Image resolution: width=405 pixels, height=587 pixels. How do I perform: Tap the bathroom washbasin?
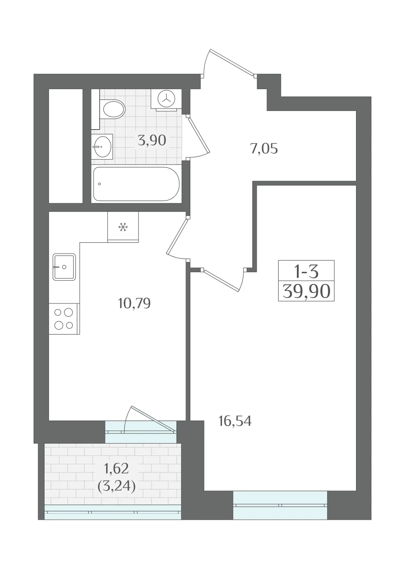pos(102,147)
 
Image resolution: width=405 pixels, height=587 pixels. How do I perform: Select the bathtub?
pos(136,184)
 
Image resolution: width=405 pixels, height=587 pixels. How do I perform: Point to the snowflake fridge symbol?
pos(123,227)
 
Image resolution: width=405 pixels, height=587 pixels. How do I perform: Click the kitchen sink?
pos(64,267)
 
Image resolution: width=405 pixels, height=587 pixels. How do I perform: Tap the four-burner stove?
pos(64,319)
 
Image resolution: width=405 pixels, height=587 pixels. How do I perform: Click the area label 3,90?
pos(152,141)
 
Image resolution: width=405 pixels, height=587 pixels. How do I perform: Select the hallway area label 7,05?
pos(264,149)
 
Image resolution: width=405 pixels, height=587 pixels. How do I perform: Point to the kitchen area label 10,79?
pos(134,303)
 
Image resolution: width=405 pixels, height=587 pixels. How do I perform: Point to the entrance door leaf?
pos(232,62)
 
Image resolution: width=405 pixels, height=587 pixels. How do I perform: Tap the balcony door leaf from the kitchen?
pos(153,418)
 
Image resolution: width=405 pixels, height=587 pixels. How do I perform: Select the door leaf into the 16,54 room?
pos(222,280)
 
